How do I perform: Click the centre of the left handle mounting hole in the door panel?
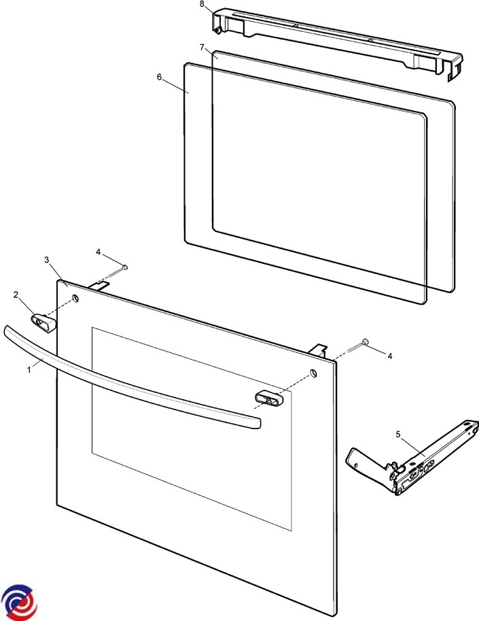(x=75, y=297)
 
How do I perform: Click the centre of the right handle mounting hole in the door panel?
(x=313, y=373)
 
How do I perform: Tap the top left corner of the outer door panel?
(x=57, y=280)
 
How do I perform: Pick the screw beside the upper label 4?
(x=116, y=271)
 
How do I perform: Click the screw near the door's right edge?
(x=357, y=346)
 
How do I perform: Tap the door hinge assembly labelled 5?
(x=412, y=458)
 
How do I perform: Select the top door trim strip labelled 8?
(x=338, y=41)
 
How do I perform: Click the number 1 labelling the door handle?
(x=29, y=371)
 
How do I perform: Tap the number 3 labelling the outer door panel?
(x=47, y=260)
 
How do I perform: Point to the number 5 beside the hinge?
(x=398, y=435)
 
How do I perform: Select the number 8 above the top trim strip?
(x=202, y=4)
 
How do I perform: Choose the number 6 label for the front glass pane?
(x=159, y=77)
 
